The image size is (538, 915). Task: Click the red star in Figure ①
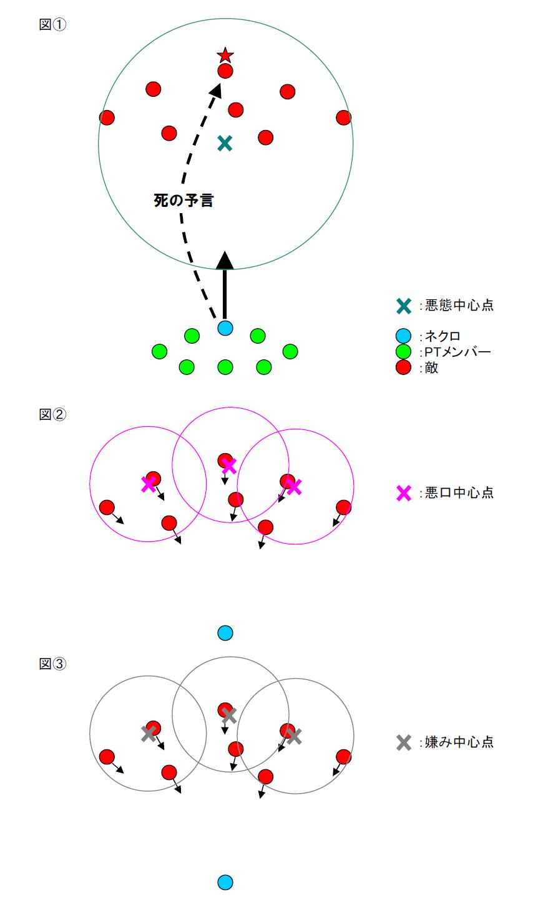pos(225,56)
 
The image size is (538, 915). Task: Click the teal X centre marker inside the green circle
pos(225,144)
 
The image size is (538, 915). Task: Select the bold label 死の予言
pos(183,201)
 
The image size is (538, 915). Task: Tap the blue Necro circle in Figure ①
pos(225,327)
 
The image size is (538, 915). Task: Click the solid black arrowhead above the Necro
pos(225,259)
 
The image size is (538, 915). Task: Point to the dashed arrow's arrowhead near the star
pos(215,90)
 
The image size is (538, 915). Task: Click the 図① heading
pos(52,26)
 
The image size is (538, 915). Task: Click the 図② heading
pos(52,414)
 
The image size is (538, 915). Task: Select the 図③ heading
pos(52,664)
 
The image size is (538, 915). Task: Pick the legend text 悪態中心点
pos(459,306)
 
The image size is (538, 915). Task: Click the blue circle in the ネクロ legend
pos(404,336)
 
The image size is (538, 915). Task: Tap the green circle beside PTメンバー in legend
pos(404,352)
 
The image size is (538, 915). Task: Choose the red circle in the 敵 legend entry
pos(404,367)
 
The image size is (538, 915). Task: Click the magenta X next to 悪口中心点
pos(404,492)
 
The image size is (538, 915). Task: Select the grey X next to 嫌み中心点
pos(404,742)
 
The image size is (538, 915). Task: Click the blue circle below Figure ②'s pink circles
pos(225,633)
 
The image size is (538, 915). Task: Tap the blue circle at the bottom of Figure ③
pos(225,882)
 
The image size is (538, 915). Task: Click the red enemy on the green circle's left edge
pos(107,117)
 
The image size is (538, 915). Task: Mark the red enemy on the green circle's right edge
pos(343,117)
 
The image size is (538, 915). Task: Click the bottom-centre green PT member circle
pos(225,367)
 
